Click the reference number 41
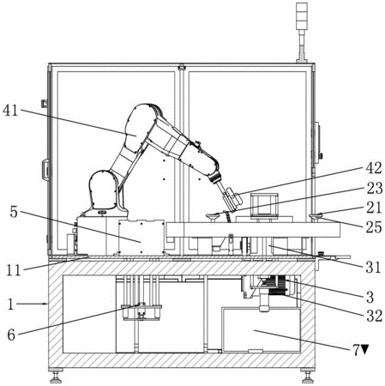tap(10, 110)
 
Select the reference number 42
tap(374, 168)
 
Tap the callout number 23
tap(374, 188)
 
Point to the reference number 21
tap(374, 208)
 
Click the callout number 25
tap(374, 227)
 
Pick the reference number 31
tap(374, 268)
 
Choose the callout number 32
tap(374, 316)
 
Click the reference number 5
tap(14, 212)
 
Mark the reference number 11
tap(14, 270)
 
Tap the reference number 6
tap(11, 335)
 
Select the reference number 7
tap(356, 350)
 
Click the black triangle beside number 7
tap(364, 349)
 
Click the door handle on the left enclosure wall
tap(45, 170)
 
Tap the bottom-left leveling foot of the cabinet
tap(56, 376)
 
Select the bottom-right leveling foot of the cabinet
tap(308, 376)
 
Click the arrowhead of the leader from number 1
tap(46, 305)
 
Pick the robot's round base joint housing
tap(104, 191)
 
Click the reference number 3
tap(370, 298)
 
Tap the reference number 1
tap(10, 305)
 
